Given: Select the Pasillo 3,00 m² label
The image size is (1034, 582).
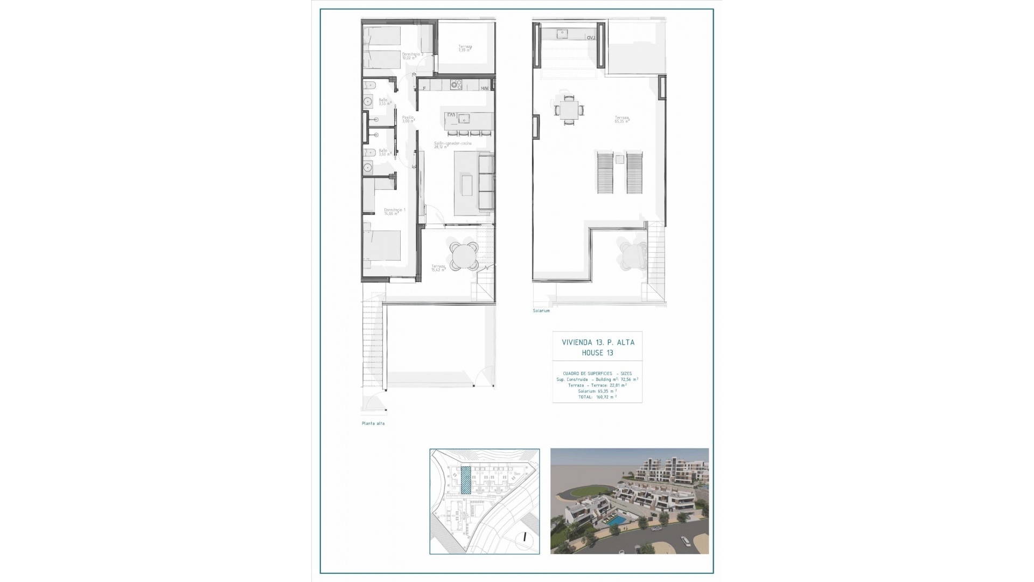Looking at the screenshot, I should tap(408, 119).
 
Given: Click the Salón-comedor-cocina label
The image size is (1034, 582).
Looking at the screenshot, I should tap(453, 145).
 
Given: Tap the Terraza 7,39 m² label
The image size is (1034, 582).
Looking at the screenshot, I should tap(465, 48).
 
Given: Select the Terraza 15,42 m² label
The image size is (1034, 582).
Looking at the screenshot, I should tap(438, 267).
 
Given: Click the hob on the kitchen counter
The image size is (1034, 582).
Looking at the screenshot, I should tap(456, 85).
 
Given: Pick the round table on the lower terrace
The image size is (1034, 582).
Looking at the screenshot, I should tap(464, 255).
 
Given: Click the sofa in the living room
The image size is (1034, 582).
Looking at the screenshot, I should tap(486, 182).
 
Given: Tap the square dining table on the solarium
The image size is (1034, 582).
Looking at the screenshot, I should tap(569, 110).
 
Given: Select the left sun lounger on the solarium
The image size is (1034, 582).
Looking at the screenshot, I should tap(605, 173).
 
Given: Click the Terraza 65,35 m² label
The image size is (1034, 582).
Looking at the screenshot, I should tap(622, 119).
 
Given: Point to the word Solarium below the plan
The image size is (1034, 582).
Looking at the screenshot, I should tap(541, 311).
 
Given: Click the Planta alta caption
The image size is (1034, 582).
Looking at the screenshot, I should tap(373, 424).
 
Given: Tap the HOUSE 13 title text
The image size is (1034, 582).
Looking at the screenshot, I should tap(597, 353).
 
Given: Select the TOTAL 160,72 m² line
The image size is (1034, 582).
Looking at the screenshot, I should tap(598, 397).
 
